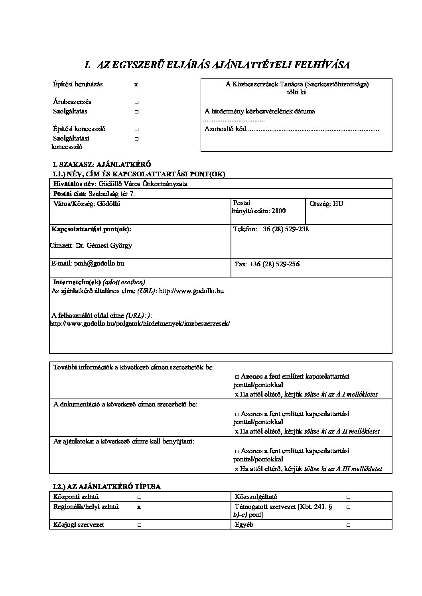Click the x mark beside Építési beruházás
136,84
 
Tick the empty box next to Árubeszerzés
136,102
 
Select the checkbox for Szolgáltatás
136,112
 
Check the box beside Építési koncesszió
136,129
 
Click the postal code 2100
278,211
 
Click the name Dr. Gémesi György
104,245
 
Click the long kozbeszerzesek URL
140,323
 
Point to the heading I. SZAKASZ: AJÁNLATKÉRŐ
102,164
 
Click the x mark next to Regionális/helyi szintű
139,507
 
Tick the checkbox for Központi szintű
139,497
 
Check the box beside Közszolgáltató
348,497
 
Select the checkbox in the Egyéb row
348,525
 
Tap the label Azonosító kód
225,129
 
